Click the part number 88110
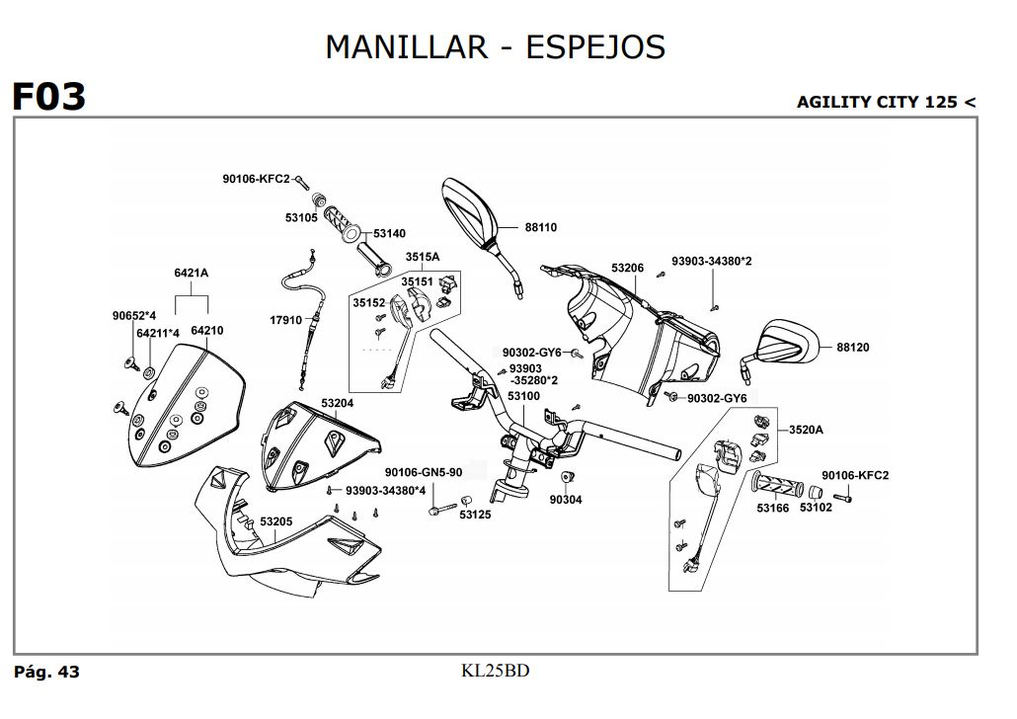point(541,227)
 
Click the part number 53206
point(627,268)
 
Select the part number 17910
point(286,321)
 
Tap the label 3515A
point(422,257)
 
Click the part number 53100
point(523,396)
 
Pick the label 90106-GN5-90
point(424,472)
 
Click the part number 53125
point(475,515)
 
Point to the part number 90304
point(566,500)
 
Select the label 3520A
point(806,430)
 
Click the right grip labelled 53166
point(779,485)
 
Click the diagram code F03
point(48,97)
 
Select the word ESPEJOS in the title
point(595,46)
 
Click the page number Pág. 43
point(46,673)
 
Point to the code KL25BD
point(496,672)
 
